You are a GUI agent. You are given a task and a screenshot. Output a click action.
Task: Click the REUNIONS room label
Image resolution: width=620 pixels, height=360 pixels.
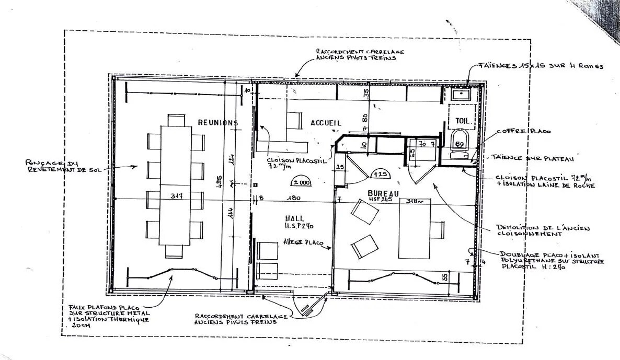pos(217,123)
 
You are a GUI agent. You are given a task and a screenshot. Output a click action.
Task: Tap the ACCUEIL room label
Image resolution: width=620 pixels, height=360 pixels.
pos(326,123)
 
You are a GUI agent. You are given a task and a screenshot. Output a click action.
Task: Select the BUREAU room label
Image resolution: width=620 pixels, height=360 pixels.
pos(383,193)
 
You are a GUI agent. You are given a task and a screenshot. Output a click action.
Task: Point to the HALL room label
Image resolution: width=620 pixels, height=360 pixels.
pos(295,218)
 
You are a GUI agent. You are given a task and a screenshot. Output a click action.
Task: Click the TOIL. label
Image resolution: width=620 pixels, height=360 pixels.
pos(463,120)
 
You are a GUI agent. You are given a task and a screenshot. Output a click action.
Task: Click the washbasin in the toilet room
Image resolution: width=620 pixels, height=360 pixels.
pos(461,95)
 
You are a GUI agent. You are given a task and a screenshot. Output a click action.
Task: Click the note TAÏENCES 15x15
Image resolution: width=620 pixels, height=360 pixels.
pos(541,66)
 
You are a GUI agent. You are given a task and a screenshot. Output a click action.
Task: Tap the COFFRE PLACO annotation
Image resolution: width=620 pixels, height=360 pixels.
pos(523,132)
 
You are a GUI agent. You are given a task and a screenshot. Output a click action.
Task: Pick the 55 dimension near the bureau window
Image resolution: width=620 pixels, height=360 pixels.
pos(445,277)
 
